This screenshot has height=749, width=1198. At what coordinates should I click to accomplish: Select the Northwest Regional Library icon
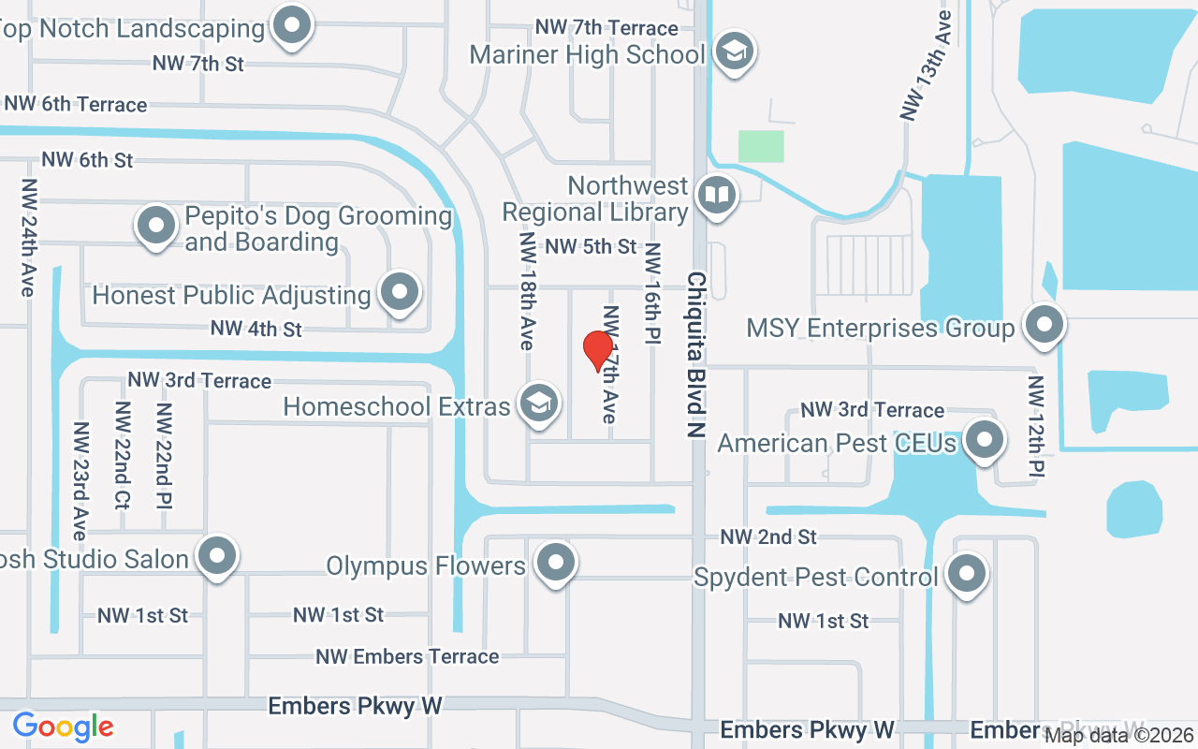point(717,196)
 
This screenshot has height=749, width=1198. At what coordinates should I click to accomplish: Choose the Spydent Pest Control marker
point(967,574)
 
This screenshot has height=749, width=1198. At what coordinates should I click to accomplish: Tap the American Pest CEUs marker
point(984,440)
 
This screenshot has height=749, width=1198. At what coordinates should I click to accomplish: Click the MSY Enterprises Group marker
point(1044,325)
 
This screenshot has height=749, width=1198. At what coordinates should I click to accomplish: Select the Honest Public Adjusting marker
point(400,292)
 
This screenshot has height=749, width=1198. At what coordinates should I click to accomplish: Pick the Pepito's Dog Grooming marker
point(156,226)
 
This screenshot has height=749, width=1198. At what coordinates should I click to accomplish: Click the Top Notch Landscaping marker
point(291,24)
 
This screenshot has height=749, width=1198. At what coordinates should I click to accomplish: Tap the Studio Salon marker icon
point(218,556)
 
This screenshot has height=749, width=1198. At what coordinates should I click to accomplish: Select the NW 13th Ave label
point(925,66)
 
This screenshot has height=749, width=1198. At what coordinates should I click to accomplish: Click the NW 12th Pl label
point(1036,426)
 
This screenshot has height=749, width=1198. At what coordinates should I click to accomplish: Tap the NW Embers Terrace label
point(407,656)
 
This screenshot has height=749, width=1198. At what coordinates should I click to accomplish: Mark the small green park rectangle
point(761,146)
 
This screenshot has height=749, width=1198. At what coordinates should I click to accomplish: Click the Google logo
point(63,727)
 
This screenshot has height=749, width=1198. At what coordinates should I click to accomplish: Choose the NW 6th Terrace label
point(75,104)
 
